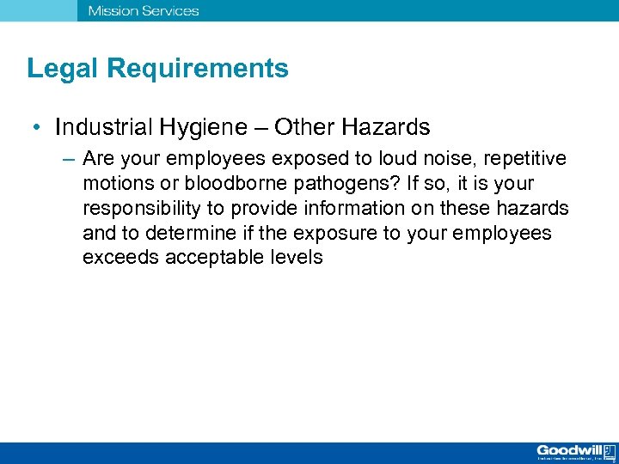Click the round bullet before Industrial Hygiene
(39, 129)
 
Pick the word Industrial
(103, 128)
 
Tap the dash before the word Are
(68, 160)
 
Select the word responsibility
(146, 209)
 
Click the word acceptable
(218, 258)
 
